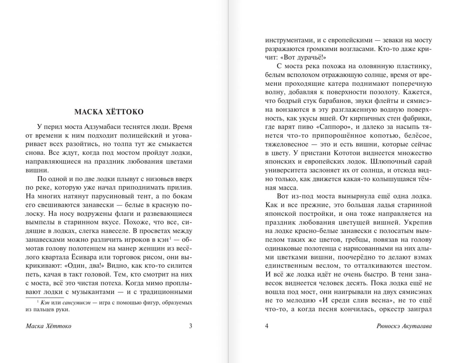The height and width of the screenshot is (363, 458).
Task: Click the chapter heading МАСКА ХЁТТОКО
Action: coord(109,112)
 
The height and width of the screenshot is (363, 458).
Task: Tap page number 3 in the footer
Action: coord(191,326)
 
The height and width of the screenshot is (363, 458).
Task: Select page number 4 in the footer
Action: coord(267,326)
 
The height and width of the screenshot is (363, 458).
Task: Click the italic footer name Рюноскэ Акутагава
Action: coord(403,326)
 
